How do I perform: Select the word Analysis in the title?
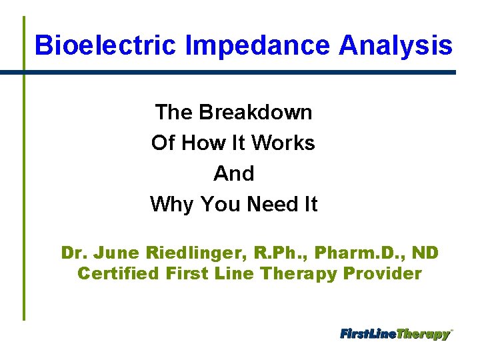395,45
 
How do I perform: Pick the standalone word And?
234,173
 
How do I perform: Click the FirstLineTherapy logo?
396,334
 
